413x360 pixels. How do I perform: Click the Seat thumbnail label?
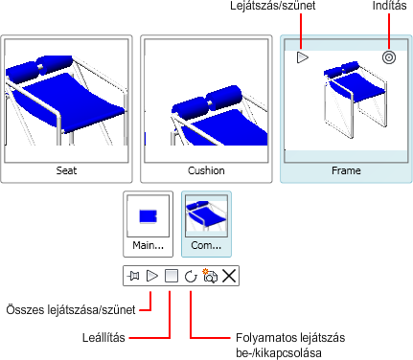[x=66, y=170]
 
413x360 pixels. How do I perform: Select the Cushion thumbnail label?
[x=206, y=170]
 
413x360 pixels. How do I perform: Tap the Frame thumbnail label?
[x=346, y=170]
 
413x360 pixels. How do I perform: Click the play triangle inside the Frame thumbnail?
[x=302, y=57]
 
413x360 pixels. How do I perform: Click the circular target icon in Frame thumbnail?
[x=389, y=57]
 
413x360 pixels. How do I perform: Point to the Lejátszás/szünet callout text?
[x=272, y=6]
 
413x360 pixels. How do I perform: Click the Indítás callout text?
[x=389, y=6]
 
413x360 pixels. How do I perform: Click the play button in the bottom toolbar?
[x=152, y=276]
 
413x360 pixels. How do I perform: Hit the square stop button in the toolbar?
[x=172, y=276]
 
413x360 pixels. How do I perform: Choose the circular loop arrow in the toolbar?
[x=191, y=276]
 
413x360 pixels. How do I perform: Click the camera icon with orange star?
[x=210, y=276]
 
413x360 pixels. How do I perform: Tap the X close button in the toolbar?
[x=229, y=276]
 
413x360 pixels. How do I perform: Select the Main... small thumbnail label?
[x=148, y=245]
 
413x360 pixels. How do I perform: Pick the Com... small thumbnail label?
[x=206, y=245]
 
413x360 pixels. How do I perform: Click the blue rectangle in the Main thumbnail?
[x=148, y=216]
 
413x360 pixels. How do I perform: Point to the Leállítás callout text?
[x=103, y=337]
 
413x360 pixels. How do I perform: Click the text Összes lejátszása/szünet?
[x=71, y=310]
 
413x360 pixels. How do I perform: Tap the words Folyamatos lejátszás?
[x=290, y=337]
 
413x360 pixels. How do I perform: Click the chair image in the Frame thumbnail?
[x=356, y=100]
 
